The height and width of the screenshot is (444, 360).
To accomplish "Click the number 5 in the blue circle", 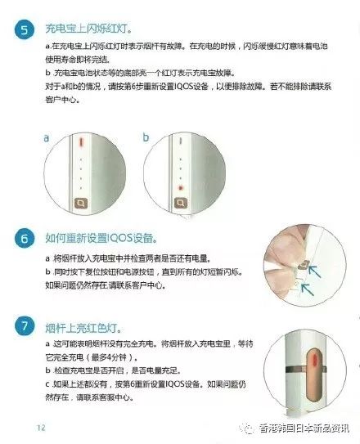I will pyautogui.click(x=25, y=30).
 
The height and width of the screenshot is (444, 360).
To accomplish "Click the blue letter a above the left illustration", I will pyautogui.click(x=47, y=139).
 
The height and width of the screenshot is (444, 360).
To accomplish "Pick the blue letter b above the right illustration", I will pyautogui.click(x=146, y=138).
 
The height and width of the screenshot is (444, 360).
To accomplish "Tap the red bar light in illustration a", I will pyautogui.click(x=82, y=142).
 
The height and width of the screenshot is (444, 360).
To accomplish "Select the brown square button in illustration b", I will pyautogui.click(x=179, y=201).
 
